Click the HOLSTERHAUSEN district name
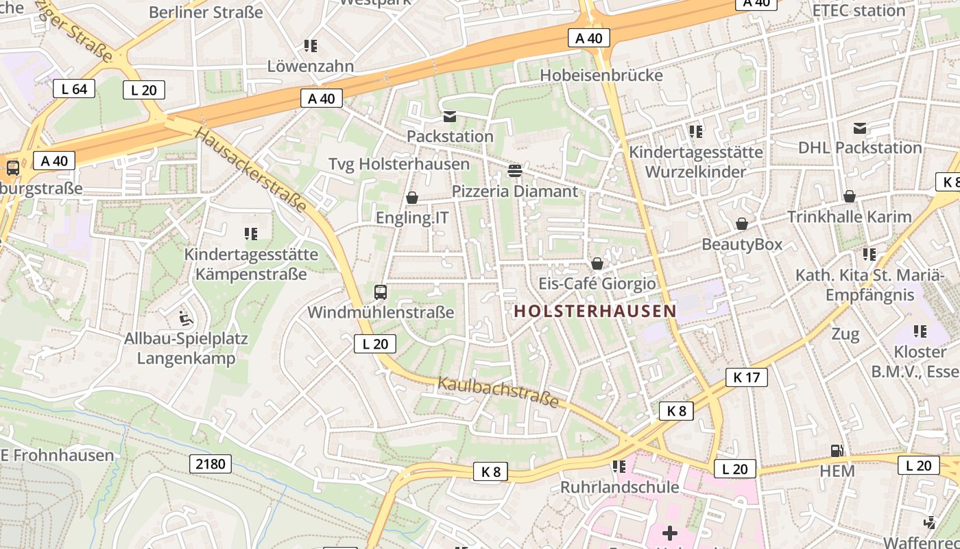click(595, 311)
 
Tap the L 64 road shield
click(74, 89)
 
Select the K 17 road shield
click(747, 377)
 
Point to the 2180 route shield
click(211, 464)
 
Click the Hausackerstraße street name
click(250, 170)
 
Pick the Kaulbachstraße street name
click(499, 392)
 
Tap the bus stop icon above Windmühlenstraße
click(381, 292)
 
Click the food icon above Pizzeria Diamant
click(515, 170)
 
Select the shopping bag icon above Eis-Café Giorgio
click(597, 264)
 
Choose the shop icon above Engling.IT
click(412, 198)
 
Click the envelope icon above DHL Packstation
click(860, 128)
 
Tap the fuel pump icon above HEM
click(837, 451)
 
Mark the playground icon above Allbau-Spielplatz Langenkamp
click(186, 318)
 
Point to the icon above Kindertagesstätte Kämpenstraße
click(251, 234)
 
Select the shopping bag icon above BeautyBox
click(741, 224)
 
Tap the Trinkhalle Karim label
click(849, 217)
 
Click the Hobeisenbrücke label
click(601, 75)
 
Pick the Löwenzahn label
click(311, 67)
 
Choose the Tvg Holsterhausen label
click(399, 164)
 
